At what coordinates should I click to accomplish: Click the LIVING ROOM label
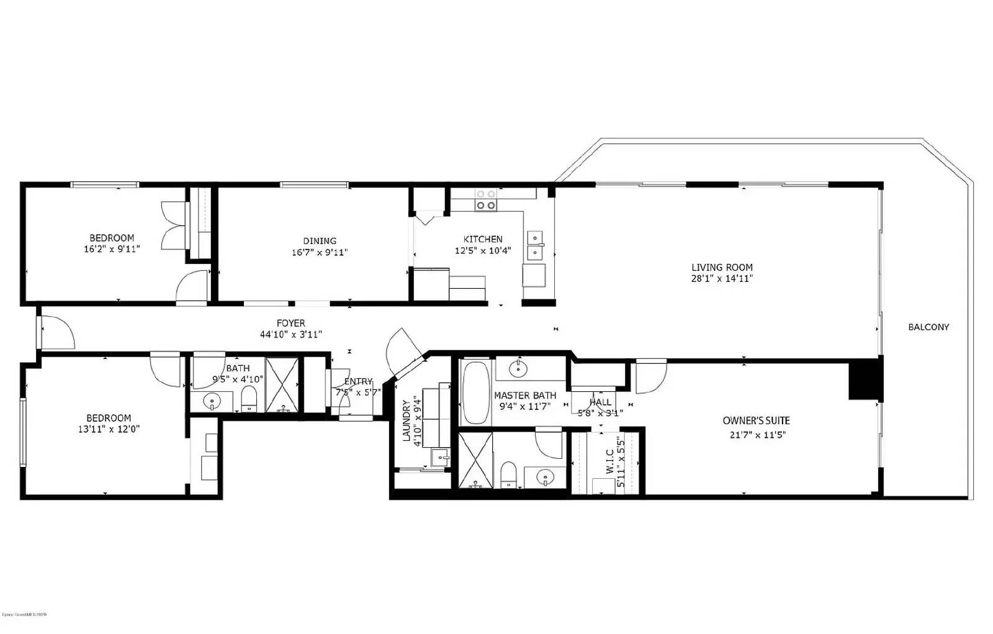[x=722, y=268]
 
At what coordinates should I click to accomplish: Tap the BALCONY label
[x=928, y=327]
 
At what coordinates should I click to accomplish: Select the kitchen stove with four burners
[x=485, y=199]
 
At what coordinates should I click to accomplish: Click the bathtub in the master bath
[x=477, y=392]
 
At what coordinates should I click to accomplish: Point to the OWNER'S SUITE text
[x=756, y=421]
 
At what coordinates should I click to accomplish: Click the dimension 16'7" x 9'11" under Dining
[x=320, y=253]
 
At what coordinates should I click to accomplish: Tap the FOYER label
[x=290, y=324]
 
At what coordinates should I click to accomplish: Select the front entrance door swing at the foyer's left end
[x=57, y=333]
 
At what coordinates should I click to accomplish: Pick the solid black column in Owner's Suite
[x=865, y=379]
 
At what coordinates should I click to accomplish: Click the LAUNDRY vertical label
[x=407, y=420]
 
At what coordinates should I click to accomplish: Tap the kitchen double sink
[x=534, y=245]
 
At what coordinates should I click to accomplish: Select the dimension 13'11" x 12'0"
[x=109, y=429]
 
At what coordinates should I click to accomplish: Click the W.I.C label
[x=610, y=462]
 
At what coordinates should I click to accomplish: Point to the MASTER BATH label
[x=525, y=396]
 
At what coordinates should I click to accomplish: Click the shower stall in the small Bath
[x=282, y=385]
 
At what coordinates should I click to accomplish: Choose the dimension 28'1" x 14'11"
[x=722, y=279]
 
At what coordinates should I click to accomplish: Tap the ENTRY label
[x=358, y=381]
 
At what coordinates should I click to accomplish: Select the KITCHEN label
[x=483, y=239]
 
